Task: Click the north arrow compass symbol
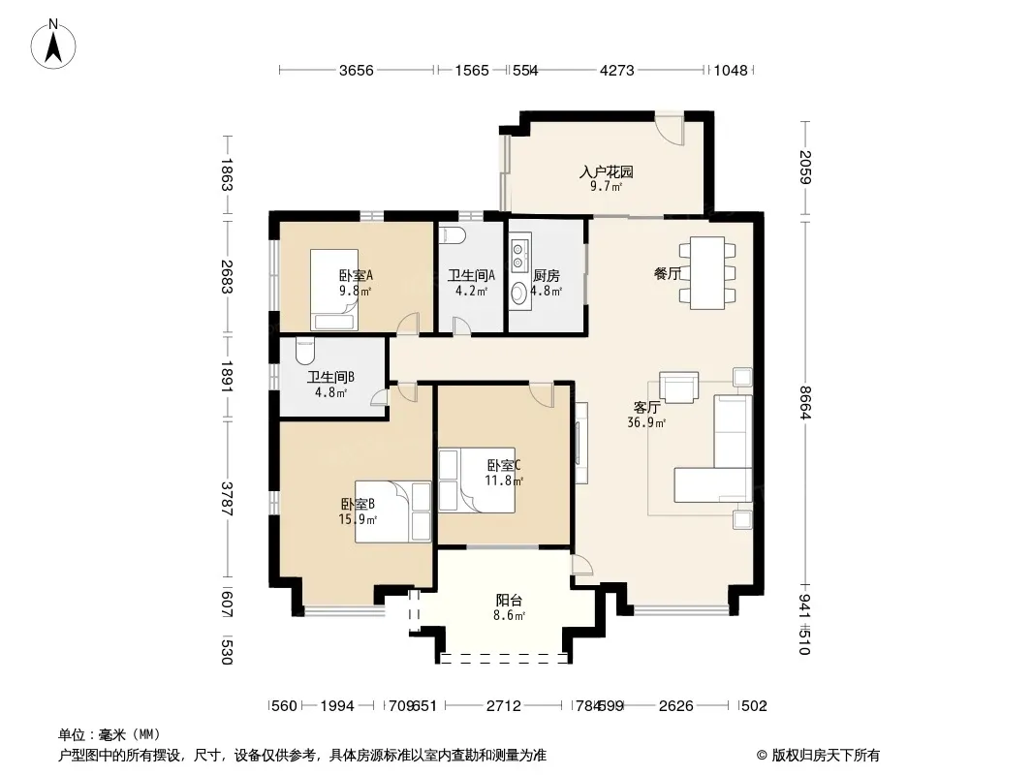[x=53, y=45]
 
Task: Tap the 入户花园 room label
[x=606, y=171]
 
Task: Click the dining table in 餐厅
[x=706, y=272]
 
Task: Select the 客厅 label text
[x=646, y=408]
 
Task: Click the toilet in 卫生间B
[x=305, y=352]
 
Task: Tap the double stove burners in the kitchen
[x=519, y=256]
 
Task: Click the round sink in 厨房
[x=519, y=293]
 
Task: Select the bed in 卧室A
[x=334, y=289]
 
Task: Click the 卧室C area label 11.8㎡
[x=504, y=480]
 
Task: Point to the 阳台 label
[x=510, y=601]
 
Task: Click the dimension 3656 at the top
[x=357, y=71]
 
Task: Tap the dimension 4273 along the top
[x=616, y=71]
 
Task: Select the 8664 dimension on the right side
[x=805, y=402]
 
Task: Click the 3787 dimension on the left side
[x=227, y=499]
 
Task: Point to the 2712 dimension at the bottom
[x=504, y=706]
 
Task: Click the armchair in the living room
[x=678, y=387]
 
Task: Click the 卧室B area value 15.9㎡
[x=358, y=519]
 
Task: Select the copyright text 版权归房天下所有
[x=826, y=756]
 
